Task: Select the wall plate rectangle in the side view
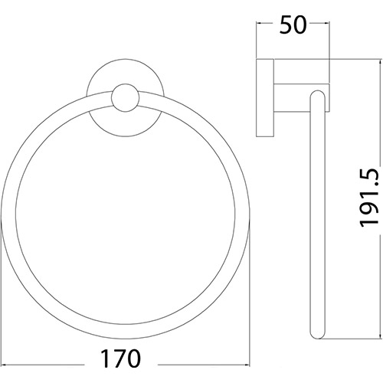pos(265,97)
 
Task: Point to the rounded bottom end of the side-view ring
pos(317,338)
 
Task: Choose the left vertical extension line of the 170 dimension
pos(6,306)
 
